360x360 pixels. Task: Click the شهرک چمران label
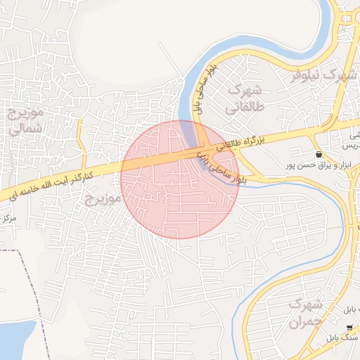point(304,314)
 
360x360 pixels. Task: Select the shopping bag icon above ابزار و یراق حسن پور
point(319,154)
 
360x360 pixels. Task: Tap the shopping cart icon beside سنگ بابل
point(349,328)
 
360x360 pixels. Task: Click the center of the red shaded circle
point(180,179)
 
